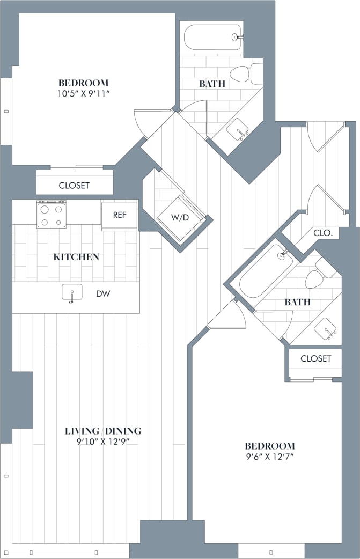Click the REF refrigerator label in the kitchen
coord(119,215)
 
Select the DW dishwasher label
coord(104,294)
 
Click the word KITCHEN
coord(76,257)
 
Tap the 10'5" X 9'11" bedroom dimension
coord(83,94)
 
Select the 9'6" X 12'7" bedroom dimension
coord(270,457)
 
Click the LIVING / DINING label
coord(103,431)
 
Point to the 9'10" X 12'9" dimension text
coord(103,442)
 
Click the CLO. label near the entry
coord(323,233)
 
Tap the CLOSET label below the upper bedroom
coord(74,186)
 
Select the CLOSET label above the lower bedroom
coord(315,358)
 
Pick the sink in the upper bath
coord(237,129)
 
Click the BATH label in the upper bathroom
coord(212,84)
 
